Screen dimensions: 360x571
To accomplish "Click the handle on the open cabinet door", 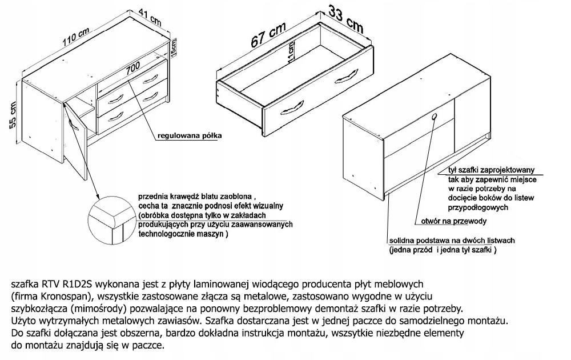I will click(x=71, y=124).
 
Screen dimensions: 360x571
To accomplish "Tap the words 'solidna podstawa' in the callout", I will click(x=414, y=241).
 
